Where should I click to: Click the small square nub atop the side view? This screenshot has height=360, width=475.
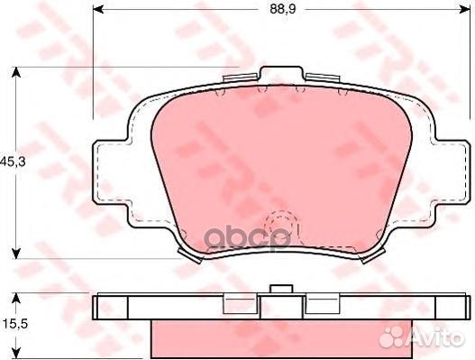281,290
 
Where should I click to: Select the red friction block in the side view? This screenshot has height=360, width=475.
280,335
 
